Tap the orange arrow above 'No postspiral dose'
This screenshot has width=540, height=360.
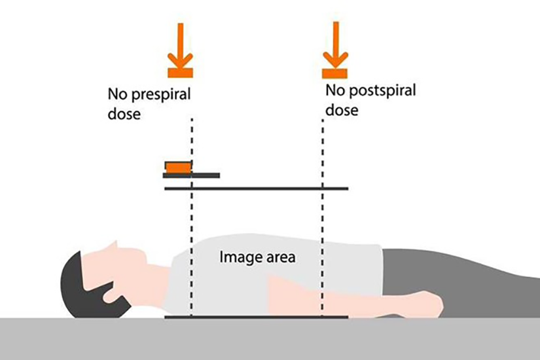point(336,49)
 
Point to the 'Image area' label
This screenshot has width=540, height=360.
point(257,257)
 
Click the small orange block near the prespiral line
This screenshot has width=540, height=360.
point(178,168)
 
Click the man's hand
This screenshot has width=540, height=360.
point(429,303)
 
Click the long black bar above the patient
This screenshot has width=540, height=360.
point(256,189)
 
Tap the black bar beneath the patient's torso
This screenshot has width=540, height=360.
point(256,317)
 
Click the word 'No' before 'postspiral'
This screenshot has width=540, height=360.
point(334,89)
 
